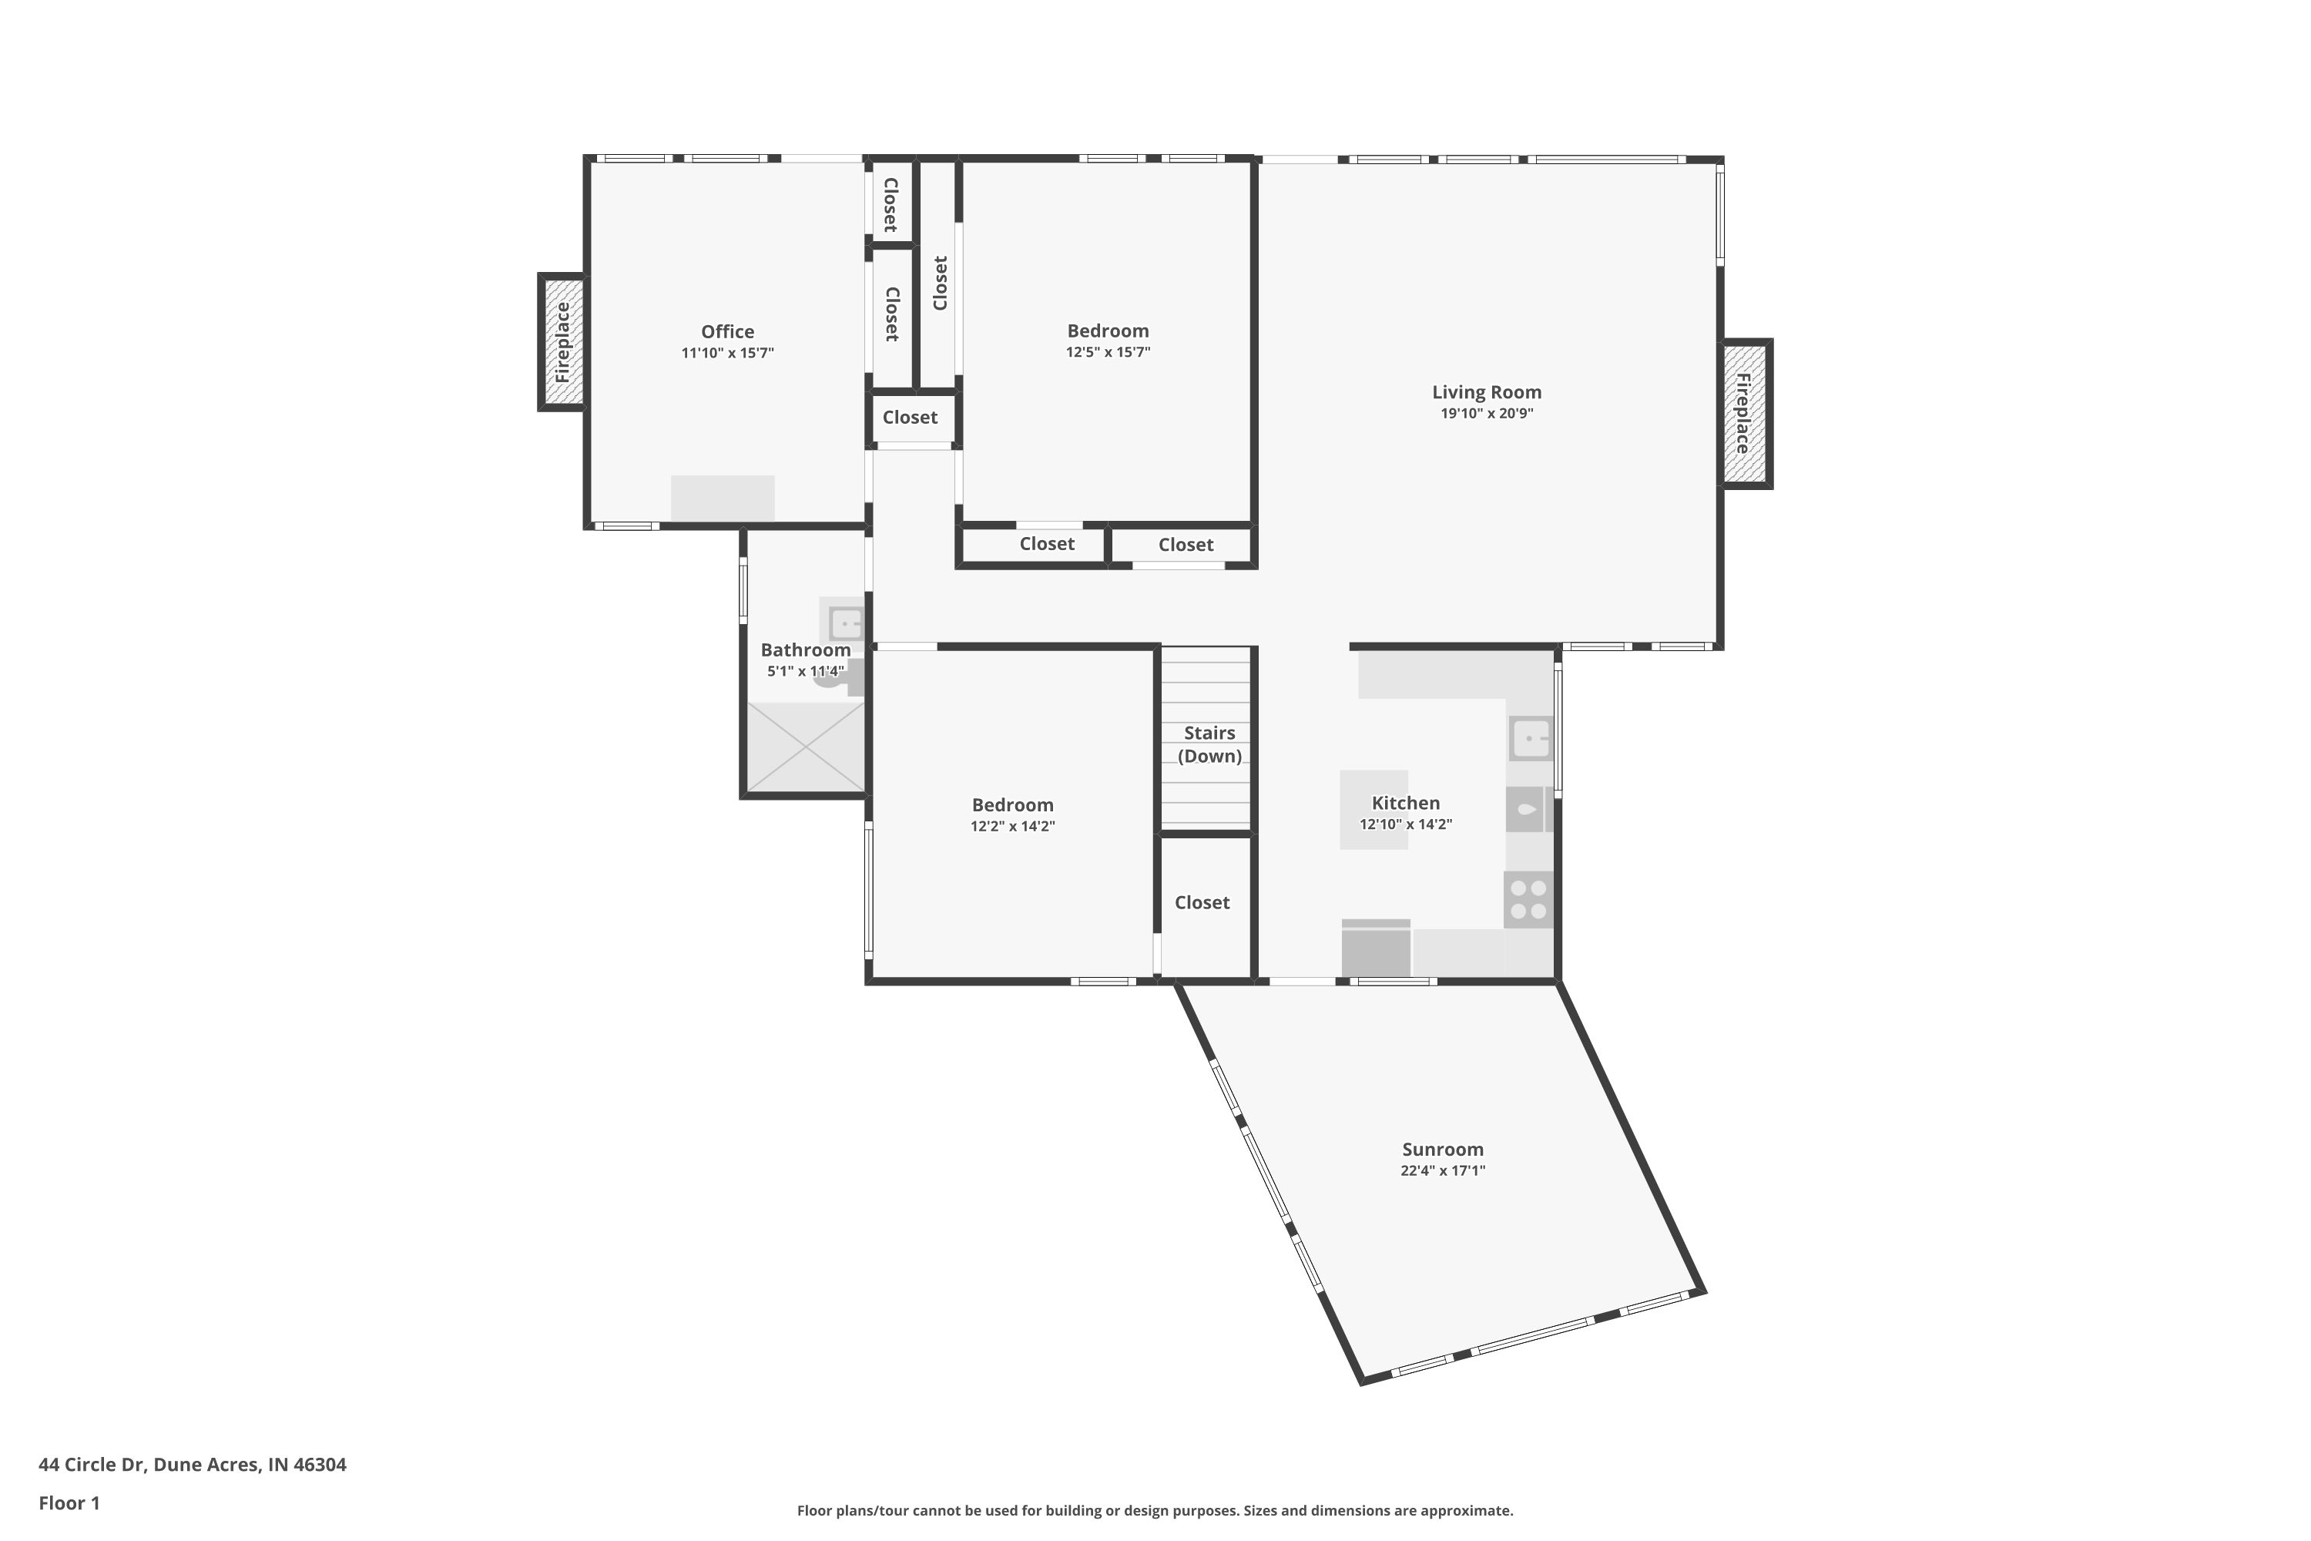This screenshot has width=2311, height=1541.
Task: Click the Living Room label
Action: click(x=1487, y=392)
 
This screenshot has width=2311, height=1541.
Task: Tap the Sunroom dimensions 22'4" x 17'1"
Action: click(x=1442, y=1170)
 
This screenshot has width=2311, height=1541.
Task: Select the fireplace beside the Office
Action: click(x=562, y=342)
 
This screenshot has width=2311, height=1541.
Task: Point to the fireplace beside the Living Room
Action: click(x=1746, y=413)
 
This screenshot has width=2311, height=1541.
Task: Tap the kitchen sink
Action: click(x=1530, y=738)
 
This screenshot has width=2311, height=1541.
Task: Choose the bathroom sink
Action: click(x=845, y=623)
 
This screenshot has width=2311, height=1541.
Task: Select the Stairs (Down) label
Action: click(x=1209, y=744)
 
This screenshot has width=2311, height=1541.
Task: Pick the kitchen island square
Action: click(x=1374, y=810)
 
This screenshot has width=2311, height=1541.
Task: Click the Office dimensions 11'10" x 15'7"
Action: click(x=728, y=353)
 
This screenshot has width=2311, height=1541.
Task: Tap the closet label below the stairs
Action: click(x=1202, y=902)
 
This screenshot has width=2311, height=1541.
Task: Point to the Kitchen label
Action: click(x=1406, y=803)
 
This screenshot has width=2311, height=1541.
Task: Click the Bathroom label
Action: click(x=806, y=650)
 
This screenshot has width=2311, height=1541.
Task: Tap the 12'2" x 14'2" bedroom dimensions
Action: click(x=1013, y=827)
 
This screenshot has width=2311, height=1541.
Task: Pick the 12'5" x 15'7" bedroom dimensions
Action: click(x=1109, y=352)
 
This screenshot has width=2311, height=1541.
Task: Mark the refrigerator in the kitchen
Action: click(x=1376, y=948)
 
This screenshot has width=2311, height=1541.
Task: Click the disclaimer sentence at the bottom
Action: click(x=1155, y=1510)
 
